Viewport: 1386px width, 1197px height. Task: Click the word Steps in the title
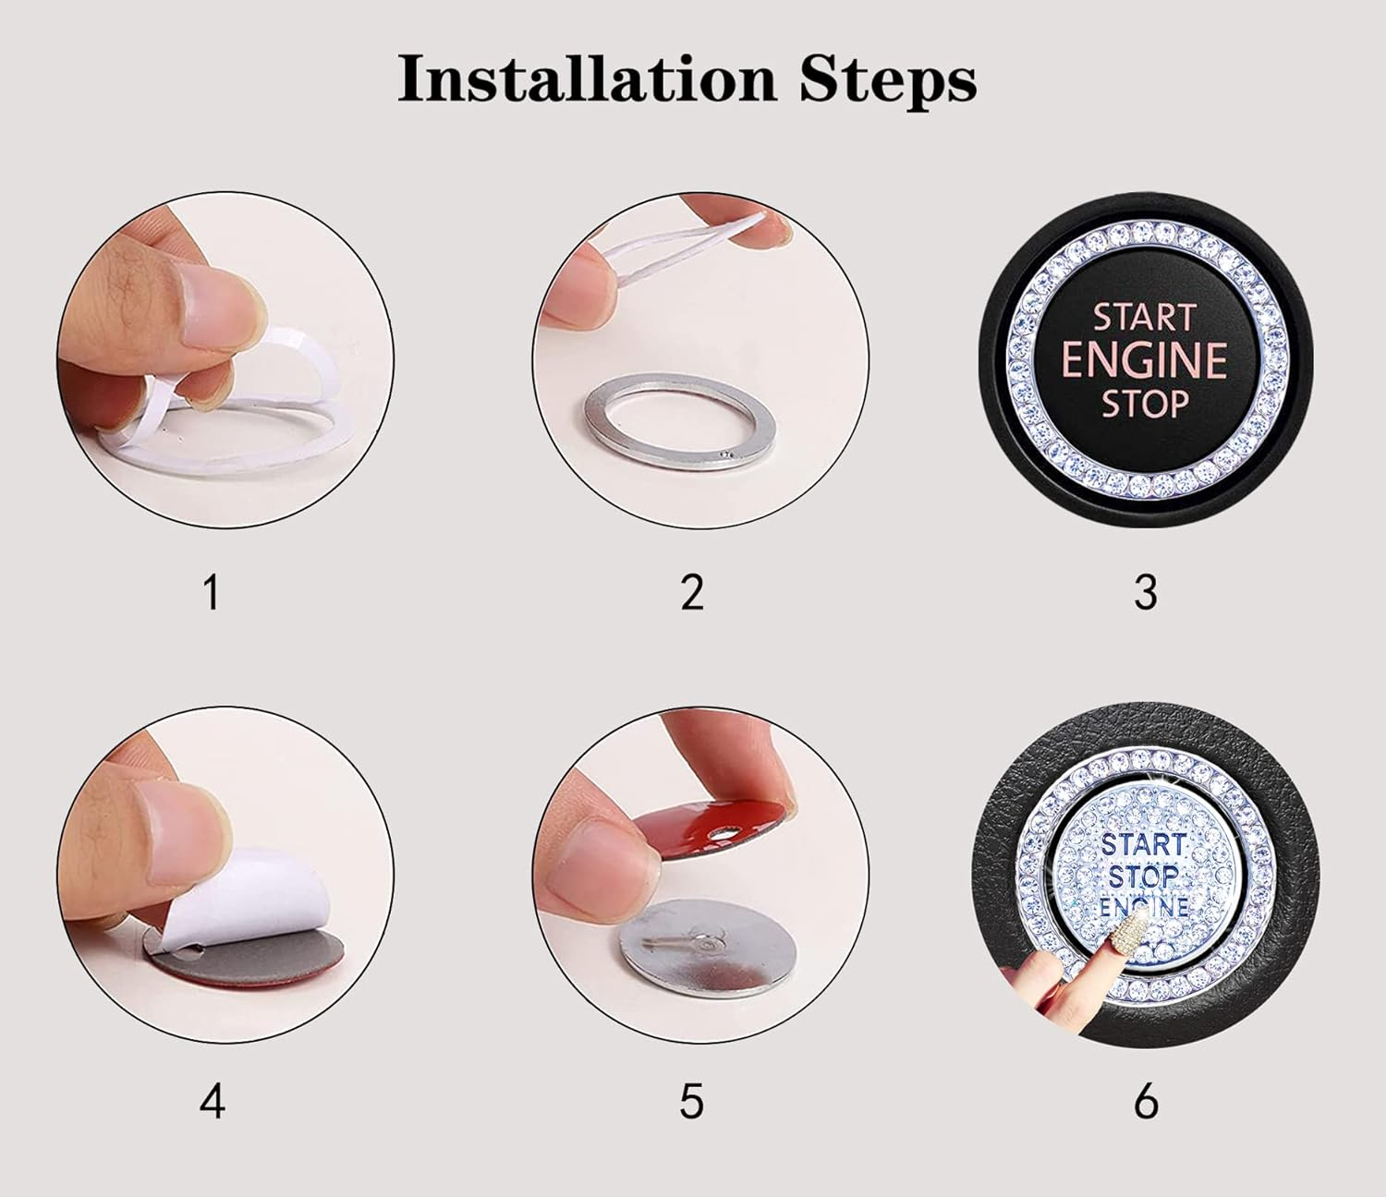coord(887,79)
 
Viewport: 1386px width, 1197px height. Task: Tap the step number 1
coord(212,592)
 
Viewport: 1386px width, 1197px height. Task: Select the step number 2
coord(692,592)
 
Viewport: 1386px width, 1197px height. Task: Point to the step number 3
coord(1145,592)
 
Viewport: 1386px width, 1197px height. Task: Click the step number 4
coord(212,1101)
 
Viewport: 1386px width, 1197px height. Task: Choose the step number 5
coord(692,1101)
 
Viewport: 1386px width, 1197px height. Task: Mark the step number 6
coord(1145,1101)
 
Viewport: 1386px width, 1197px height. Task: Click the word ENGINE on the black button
coord(1145,361)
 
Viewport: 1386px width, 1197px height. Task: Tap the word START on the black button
coord(1145,318)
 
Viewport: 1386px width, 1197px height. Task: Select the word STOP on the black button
coord(1145,405)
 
